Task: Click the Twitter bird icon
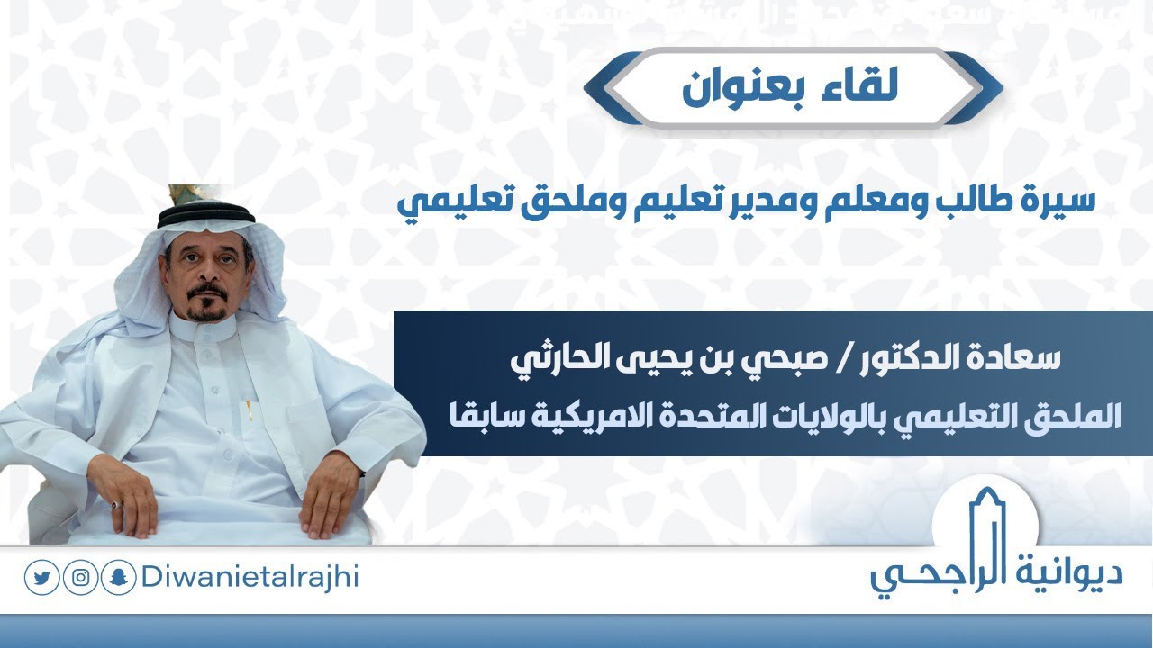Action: point(41,578)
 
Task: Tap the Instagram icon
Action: point(80,578)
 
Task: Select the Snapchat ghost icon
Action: point(119,578)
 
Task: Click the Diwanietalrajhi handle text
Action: point(250,577)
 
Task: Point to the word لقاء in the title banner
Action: point(867,87)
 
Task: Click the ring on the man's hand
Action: point(116,505)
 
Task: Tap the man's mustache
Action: point(205,293)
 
